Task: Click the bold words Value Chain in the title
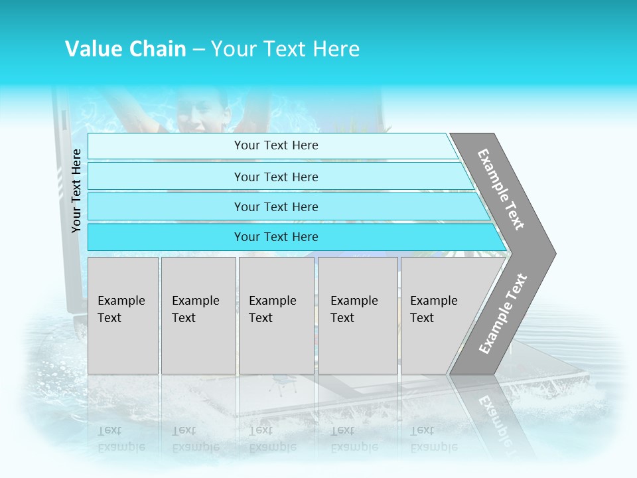point(125,49)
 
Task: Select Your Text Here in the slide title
point(285,49)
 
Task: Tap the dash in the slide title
point(198,50)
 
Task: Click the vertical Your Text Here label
point(76,191)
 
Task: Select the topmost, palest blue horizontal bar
point(275,145)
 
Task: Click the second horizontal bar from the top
point(275,177)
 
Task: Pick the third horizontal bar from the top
point(275,206)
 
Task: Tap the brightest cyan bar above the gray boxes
point(275,237)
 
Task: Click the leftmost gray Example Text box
point(123,315)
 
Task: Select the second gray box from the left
point(198,315)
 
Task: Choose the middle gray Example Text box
point(276,315)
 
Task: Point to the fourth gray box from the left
point(357,315)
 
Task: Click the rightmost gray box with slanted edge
point(438,315)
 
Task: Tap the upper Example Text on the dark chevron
point(502,189)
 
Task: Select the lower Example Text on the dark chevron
point(503,314)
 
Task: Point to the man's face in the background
point(202,110)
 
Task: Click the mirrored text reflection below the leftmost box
point(121,438)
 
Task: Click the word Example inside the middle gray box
point(272,301)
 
